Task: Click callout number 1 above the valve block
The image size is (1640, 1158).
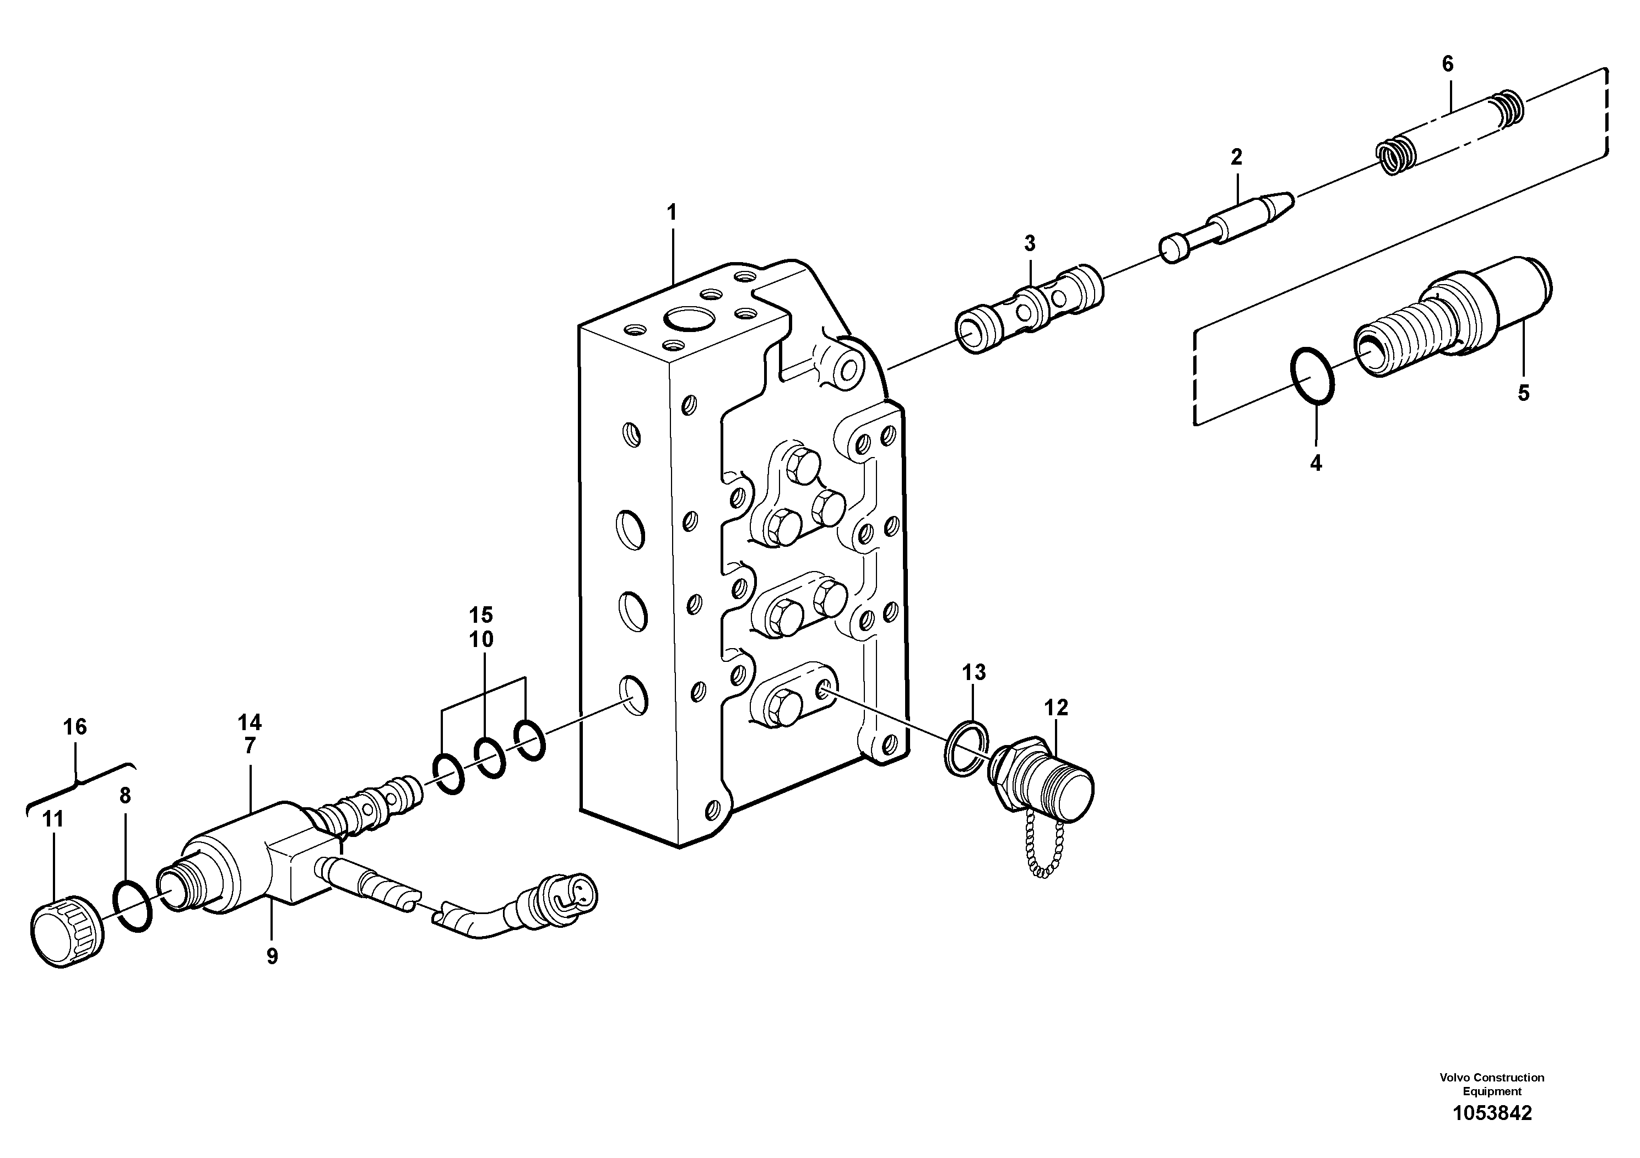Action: tap(672, 212)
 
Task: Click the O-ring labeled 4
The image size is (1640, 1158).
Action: tap(1312, 376)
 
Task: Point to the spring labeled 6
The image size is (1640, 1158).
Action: tap(1450, 133)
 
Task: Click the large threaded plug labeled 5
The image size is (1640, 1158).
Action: tap(1450, 318)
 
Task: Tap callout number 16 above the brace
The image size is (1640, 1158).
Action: tap(74, 727)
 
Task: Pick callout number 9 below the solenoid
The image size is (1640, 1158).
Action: tap(272, 956)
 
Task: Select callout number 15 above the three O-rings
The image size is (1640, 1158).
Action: tap(481, 615)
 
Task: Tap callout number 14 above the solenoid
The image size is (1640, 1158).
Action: tap(250, 722)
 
